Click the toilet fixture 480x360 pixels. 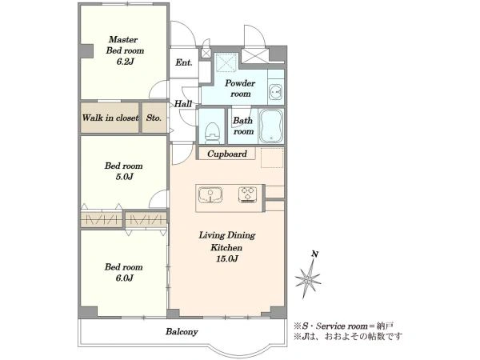[x=212, y=133]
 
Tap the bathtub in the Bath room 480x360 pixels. [x=271, y=126]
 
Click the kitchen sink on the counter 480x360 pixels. [x=210, y=194]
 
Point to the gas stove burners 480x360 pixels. [x=247, y=194]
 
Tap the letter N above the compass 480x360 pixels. [x=314, y=254]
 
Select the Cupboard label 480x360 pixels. [x=227, y=154]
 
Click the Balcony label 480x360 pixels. [x=182, y=332]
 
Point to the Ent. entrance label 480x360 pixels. [x=184, y=62]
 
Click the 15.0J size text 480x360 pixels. [x=227, y=259]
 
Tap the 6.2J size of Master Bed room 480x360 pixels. [x=125, y=62]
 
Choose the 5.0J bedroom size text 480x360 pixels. [x=124, y=177]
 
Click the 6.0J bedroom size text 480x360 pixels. [x=124, y=278]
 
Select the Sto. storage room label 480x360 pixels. [x=154, y=118]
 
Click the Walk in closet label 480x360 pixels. [x=110, y=118]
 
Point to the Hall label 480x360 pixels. [x=183, y=104]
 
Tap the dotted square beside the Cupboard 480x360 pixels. [x=272, y=158]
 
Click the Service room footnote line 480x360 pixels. [x=344, y=326]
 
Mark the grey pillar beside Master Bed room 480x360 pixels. [x=86, y=51]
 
